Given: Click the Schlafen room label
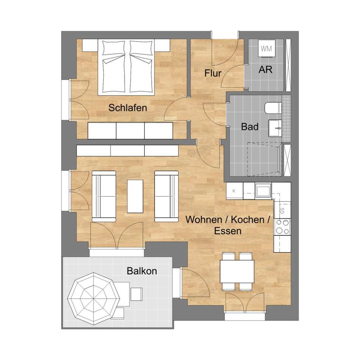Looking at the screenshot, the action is (128, 108).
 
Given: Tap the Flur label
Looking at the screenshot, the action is (213, 73).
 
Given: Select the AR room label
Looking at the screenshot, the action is (265, 70).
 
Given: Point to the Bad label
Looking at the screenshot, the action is (250, 127).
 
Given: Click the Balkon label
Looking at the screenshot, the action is (142, 271).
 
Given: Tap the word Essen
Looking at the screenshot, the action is (228, 231).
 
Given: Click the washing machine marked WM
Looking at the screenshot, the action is (266, 49).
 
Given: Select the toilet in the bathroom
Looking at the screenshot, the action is (273, 108).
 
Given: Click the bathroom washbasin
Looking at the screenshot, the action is (275, 128).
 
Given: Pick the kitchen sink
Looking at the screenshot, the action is (263, 191).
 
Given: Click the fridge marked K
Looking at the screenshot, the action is (235, 191).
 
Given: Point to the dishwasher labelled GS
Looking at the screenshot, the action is (282, 210).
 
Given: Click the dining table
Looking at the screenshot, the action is (237, 271).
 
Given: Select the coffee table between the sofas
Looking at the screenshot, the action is (135, 196).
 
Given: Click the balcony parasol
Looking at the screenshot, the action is (94, 299).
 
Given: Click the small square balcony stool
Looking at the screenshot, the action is (136, 294).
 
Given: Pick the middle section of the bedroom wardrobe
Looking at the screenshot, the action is (130, 131).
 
